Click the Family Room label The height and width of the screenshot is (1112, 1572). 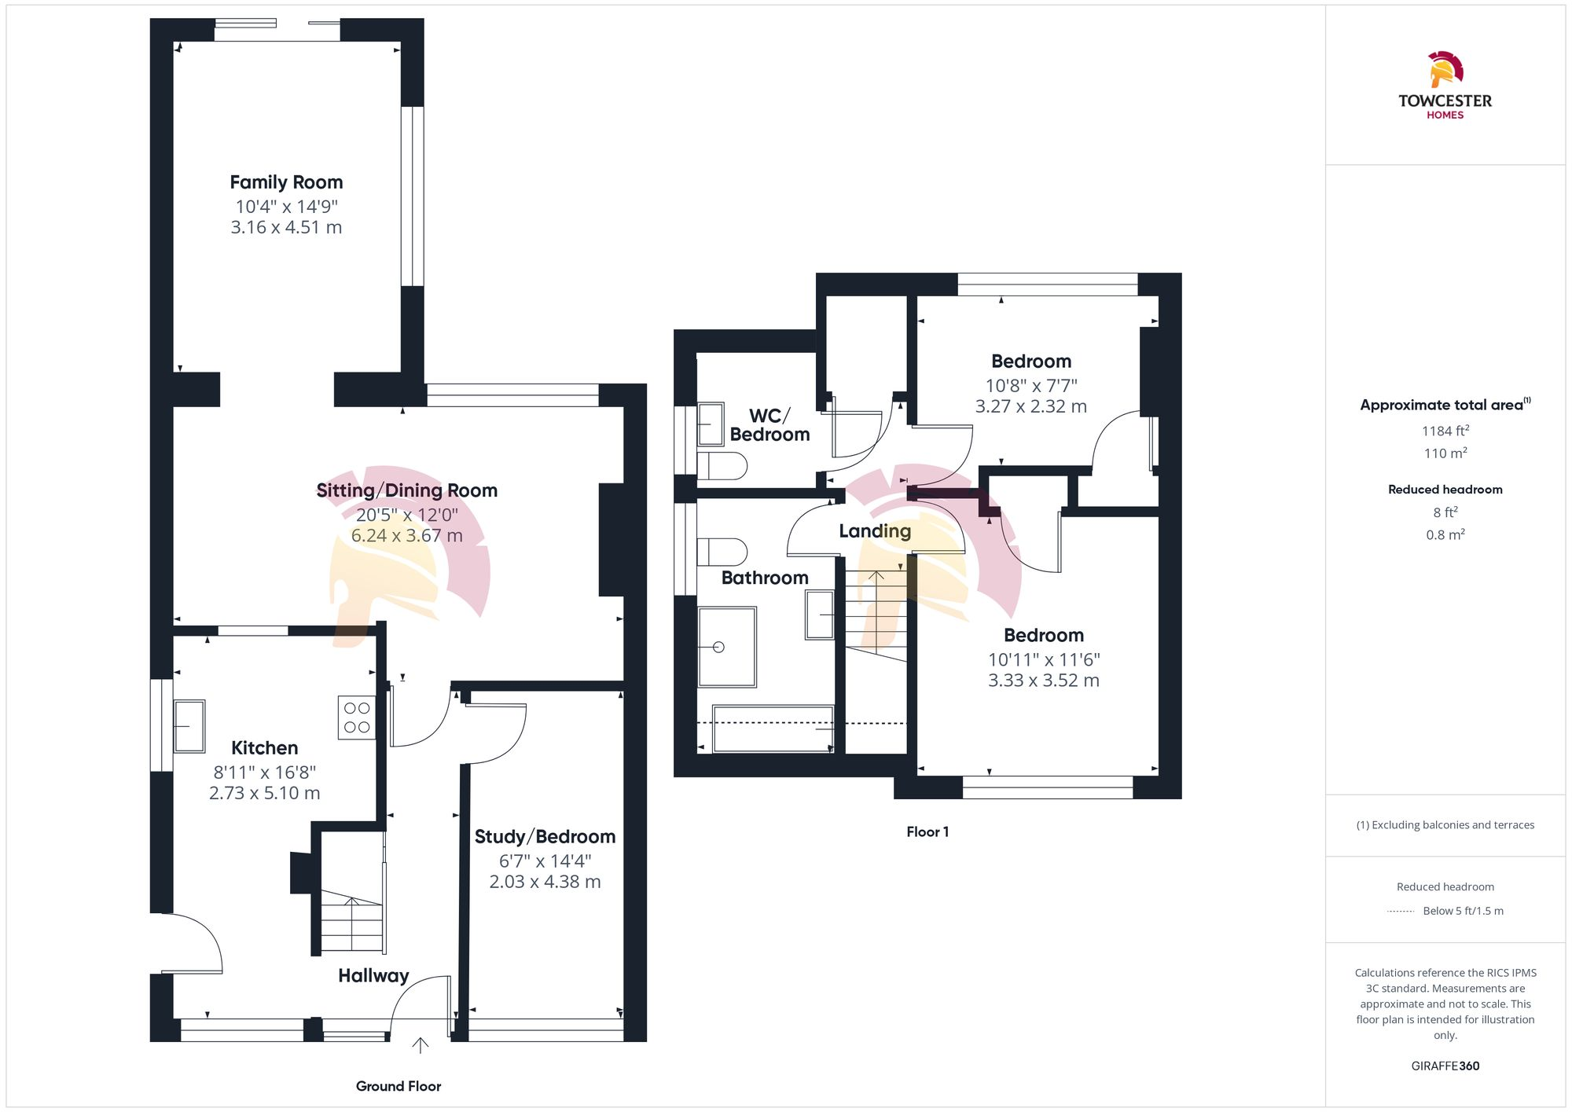click(x=286, y=182)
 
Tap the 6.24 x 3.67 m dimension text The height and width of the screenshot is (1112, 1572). click(x=406, y=536)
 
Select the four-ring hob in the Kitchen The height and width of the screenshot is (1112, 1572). click(x=357, y=717)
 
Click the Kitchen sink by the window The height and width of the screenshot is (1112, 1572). click(x=189, y=726)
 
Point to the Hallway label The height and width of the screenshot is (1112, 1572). click(x=373, y=976)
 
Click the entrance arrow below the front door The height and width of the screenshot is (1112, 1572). click(x=421, y=1045)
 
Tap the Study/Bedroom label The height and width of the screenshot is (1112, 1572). click(x=545, y=837)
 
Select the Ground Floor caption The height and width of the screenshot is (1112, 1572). click(x=399, y=1086)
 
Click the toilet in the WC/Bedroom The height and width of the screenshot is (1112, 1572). click(x=722, y=466)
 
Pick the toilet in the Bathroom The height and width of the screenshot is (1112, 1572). click(x=722, y=551)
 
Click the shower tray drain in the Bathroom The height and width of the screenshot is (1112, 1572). click(x=718, y=647)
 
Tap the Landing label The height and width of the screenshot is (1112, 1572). click(x=875, y=531)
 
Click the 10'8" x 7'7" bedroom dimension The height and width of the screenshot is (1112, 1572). click(x=1031, y=386)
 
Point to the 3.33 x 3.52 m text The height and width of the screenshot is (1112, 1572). click(x=1043, y=681)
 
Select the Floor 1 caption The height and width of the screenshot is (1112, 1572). click(x=927, y=832)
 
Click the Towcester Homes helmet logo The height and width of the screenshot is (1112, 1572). click(x=1445, y=70)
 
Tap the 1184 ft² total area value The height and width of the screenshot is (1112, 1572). click(x=1445, y=431)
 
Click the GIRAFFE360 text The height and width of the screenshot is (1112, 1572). click(x=1445, y=1066)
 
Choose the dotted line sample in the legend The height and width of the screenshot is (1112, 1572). click(x=1401, y=912)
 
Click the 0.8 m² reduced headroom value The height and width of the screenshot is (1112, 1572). click(x=1445, y=535)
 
